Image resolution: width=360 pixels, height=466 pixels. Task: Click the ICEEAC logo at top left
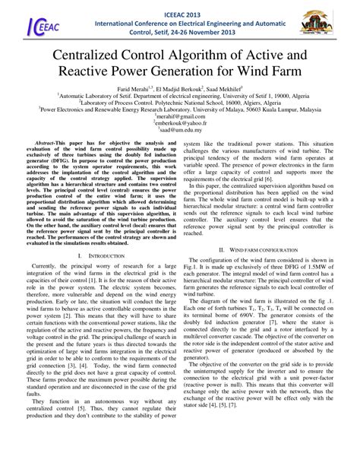coord(29,24)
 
